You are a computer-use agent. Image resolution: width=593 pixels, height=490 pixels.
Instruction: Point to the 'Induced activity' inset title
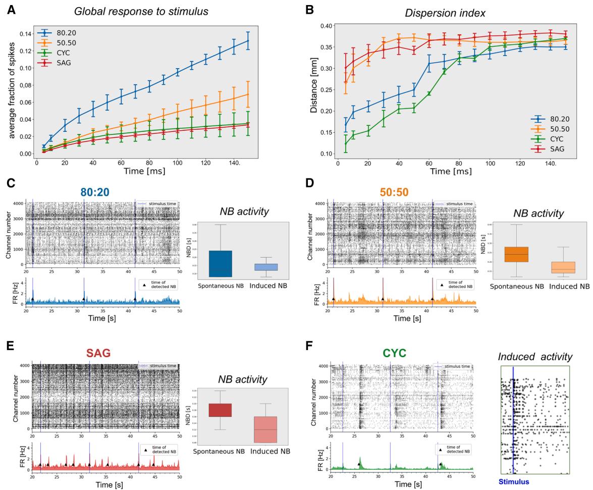point(535,357)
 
